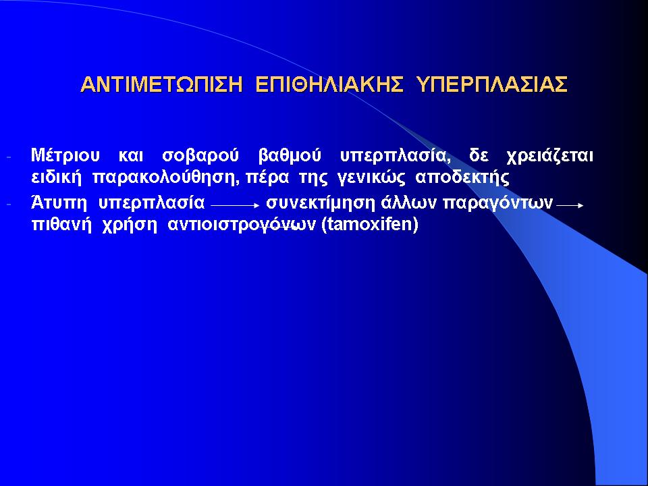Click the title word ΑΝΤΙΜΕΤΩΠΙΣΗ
pos(161,84)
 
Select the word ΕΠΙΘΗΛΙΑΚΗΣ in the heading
pos(329,84)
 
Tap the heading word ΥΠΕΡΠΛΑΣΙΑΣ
pos(491,84)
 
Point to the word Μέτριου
pos(65,156)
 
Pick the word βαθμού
pos(290,157)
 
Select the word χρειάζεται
pos(549,157)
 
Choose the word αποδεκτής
pos(462,178)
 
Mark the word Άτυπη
pos(59,203)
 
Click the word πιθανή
pos(61,225)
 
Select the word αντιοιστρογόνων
pos(242,225)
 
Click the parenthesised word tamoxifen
pos(370,225)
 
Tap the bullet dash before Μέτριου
pos(9,157)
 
